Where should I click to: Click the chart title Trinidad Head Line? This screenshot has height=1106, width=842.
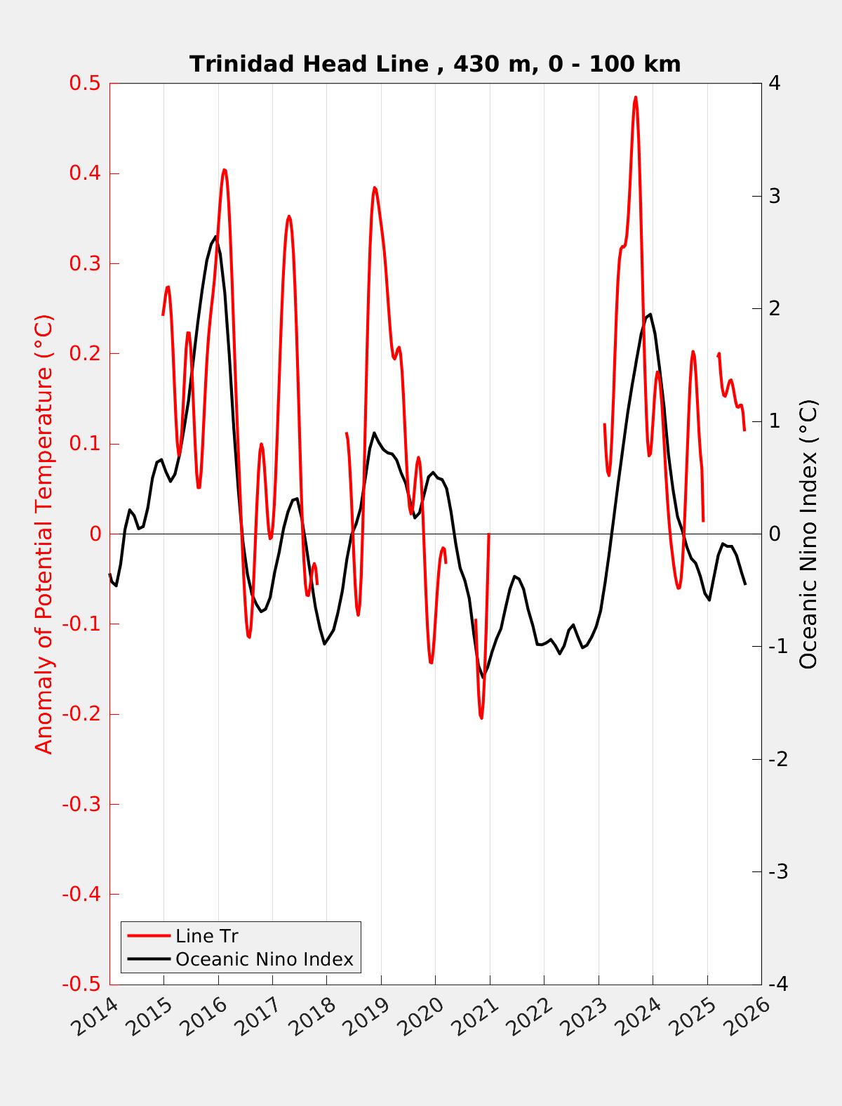(435, 64)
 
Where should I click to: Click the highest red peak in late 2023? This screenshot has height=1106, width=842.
(636, 98)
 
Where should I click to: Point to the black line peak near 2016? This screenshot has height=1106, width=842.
(215, 237)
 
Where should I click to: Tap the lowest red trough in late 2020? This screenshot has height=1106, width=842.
(481, 718)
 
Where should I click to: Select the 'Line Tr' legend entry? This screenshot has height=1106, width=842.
(207, 936)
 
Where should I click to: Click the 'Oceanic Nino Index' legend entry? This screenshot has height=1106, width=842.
(264, 959)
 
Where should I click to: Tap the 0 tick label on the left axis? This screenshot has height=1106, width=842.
(95, 534)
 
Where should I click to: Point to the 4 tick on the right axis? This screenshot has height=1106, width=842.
(775, 84)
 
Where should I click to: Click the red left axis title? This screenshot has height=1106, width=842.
(44, 534)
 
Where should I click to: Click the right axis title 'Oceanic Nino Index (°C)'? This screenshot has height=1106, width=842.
(808, 534)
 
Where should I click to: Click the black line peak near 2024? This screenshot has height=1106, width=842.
(650, 314)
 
